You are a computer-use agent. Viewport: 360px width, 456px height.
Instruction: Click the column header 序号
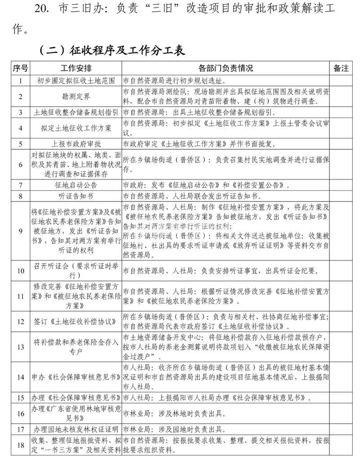click(x=20, y=68)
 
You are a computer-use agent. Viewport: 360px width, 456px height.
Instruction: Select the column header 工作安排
click(x=76, y=68)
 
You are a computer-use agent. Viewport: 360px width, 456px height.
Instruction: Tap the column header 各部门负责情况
click(x=225, y=68)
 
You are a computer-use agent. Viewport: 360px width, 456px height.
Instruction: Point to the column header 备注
click(x=341, y=68)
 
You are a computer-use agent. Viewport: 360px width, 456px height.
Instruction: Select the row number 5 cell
click(x=20, y=144)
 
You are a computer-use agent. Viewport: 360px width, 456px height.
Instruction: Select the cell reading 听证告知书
click(x=76, y=196)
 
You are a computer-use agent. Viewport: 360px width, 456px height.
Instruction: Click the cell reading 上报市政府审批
click(x=76, y=144)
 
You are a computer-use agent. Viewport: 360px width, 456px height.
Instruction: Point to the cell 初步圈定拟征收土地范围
click(x=76, y=81)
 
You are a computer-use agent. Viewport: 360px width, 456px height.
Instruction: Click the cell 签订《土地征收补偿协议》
click(x=76, y=322)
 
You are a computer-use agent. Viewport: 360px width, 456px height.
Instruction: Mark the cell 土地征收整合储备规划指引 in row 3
click(x=76, y=112)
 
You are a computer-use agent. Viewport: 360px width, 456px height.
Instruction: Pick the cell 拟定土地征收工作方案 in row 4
click(x=76, y=128)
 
